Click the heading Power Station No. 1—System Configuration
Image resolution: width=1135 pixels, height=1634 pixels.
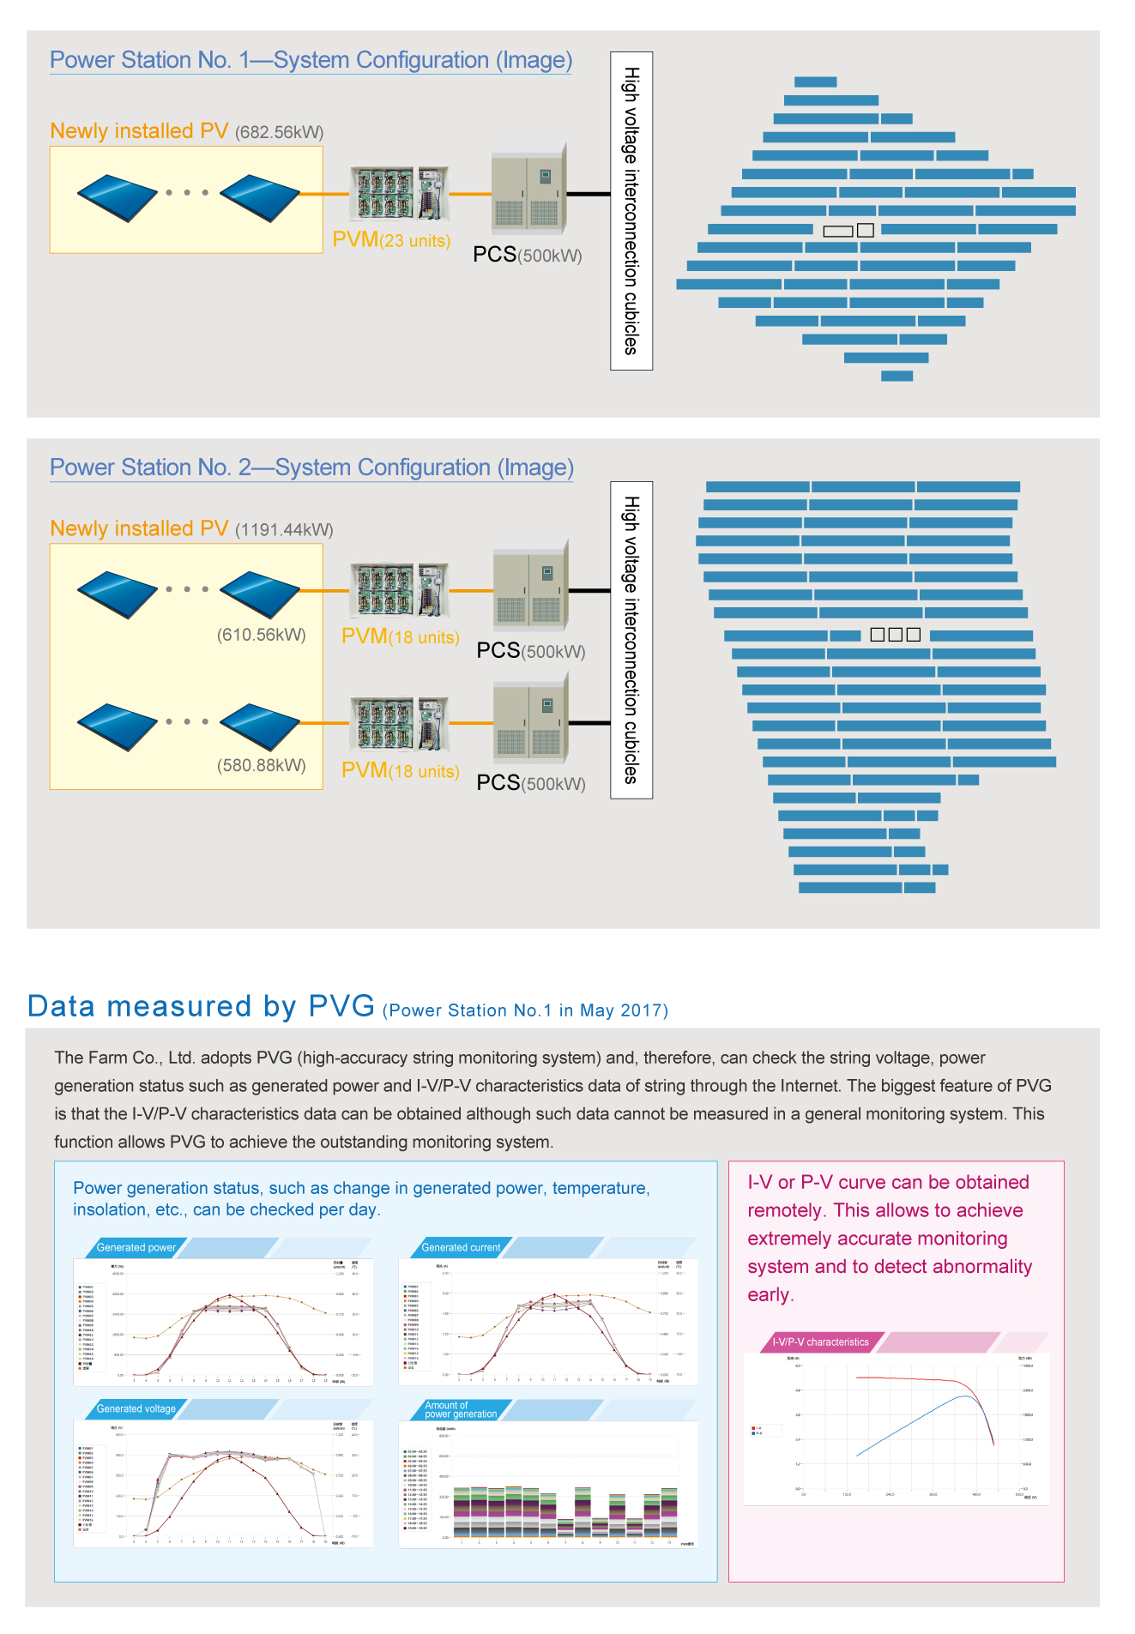(311, 60)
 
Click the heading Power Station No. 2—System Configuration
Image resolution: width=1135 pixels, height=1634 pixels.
(311, 467)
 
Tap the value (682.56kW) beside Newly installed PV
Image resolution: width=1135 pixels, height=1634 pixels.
(280, 132)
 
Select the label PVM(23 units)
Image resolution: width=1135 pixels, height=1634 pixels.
(391, 240)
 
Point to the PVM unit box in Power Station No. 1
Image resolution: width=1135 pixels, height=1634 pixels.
(399, 193)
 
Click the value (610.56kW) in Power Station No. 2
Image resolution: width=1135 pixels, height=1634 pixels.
(262, 635)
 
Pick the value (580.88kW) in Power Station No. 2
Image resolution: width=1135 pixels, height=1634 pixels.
(262, 765)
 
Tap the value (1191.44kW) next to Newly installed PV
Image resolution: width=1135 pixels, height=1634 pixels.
(284, 529)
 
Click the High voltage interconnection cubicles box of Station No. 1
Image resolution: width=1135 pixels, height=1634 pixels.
(631, 211)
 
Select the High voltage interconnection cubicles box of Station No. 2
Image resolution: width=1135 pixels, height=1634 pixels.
(631, 640)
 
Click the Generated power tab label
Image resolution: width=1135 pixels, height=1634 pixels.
(136, 1248)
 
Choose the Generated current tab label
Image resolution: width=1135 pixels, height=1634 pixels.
(461, 1248)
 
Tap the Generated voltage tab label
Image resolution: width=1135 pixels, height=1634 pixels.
(136, 1409)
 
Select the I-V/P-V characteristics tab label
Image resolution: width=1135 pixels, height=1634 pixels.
(820, 1342)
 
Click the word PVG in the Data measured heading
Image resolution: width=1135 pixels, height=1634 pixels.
(341, 1005)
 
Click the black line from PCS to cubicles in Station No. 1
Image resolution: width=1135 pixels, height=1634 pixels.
(589, 194)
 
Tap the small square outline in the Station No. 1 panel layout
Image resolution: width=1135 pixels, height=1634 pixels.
(866, 230)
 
